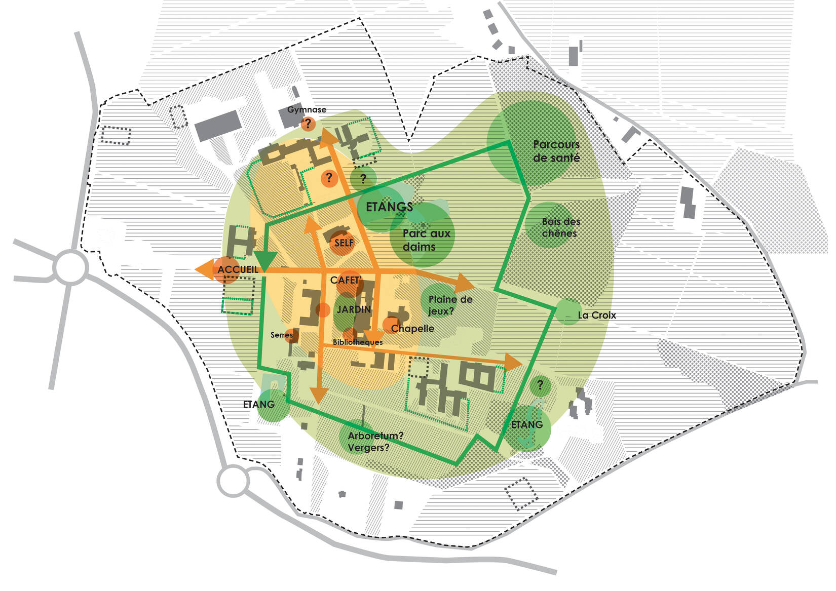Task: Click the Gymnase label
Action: tap(307, 109)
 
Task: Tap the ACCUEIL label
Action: tap(238, 269)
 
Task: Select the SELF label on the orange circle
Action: tap(344, 243)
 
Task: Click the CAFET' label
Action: tap(346, 280)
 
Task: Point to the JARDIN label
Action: tap(354, 309)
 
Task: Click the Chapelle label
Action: tap(412, 328)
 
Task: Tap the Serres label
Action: tap(281, 335)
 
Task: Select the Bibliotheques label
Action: tap(358, 342)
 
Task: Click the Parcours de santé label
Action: tap(556, 151)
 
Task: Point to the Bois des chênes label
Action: tap(560, 227)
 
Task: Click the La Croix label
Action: tap(597, 315)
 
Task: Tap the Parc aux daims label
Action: tap(426, 240)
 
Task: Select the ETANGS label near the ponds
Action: tap(389, 207)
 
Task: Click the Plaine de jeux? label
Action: tap(450, 305)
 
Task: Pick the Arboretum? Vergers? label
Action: tap(375, 442)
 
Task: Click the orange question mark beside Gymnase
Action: tap(308, 124)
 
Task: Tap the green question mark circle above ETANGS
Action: tap(363, 178)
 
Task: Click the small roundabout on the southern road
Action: tap(234, 481)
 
